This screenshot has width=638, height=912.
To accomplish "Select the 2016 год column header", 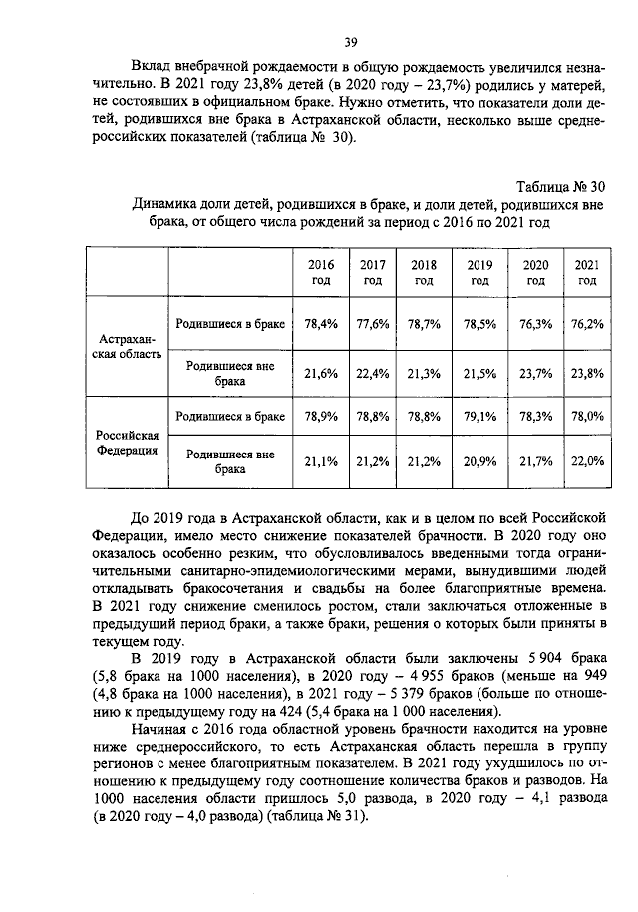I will coord(320,272).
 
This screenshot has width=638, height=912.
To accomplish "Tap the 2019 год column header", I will coord(480,272).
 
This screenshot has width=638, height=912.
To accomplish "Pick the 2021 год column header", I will coord(587,272).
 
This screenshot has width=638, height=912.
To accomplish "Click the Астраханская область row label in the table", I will coord(127,348).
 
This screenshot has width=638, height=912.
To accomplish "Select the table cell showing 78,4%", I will coord(320,324).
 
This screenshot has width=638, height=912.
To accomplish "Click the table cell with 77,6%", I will coord(373,324).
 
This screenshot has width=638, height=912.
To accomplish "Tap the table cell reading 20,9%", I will coord(480,461).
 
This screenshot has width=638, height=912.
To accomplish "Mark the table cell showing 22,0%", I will coord(587,461).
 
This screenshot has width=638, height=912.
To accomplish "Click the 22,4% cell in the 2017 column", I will coord(373,373).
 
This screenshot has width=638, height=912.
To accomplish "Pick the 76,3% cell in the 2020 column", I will coord(534,324).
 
